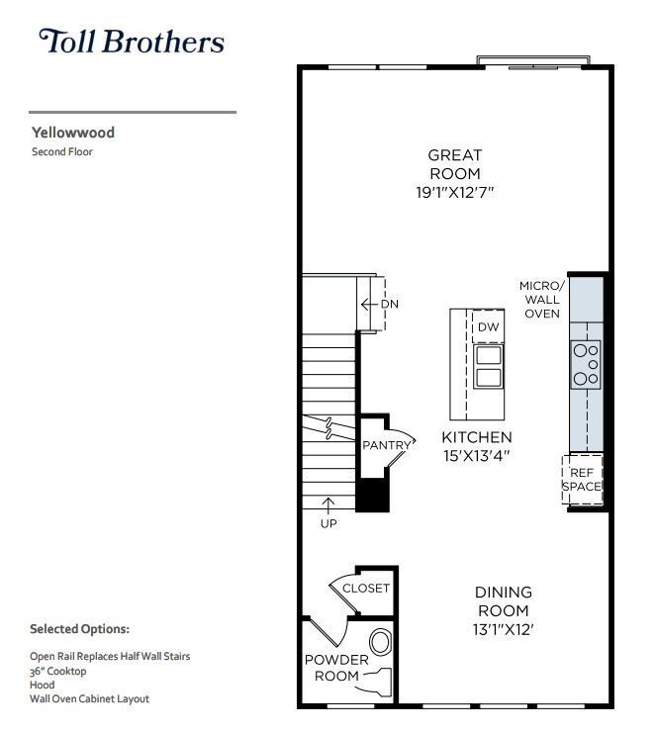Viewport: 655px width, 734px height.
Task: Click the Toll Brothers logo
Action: (132, 42)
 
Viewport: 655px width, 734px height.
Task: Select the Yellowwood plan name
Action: (72, 132)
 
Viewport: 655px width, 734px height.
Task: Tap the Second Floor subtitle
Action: (61, 152)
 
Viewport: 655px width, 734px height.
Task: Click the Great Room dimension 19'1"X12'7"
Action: (454, 192)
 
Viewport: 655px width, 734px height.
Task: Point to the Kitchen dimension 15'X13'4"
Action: (476, 456)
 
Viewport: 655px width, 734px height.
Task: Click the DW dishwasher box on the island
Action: (488, 327)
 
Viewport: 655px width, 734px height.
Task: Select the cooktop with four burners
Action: (586, 363)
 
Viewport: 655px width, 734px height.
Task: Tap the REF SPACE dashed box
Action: (582, 480)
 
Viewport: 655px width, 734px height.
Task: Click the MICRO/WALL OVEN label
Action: (541, 300)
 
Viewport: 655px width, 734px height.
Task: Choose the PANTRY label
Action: (385, 445)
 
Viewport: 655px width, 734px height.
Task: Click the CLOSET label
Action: (366, 588)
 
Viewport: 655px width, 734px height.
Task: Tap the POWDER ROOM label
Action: (335, 668)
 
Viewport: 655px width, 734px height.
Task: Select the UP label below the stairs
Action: (328, 523)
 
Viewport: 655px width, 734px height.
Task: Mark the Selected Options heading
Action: (79, 628)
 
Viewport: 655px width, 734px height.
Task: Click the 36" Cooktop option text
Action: (58, 671)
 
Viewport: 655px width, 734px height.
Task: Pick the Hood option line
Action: (42, 685)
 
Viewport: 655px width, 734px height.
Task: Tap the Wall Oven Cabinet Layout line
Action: (89, 698)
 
